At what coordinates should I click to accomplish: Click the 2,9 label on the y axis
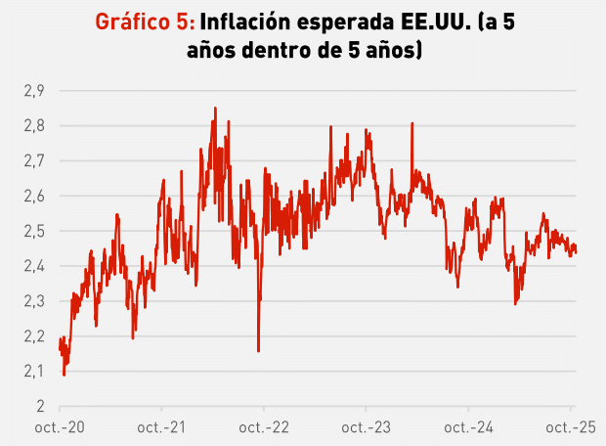34,91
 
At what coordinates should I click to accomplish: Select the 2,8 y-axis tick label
34,126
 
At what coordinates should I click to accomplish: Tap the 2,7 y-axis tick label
34,161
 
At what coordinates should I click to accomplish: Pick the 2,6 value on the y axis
34,197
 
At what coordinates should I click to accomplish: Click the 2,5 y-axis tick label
34,232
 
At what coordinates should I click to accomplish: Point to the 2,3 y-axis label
34,301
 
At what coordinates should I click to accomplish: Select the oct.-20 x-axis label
61,427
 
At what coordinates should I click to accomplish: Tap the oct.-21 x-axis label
162,427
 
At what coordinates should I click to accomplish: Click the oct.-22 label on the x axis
264,427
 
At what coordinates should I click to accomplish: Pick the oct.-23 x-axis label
366,427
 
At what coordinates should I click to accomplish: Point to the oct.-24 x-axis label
467,427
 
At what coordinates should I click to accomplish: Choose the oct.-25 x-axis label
569,427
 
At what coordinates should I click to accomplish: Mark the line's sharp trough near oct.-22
258,350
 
